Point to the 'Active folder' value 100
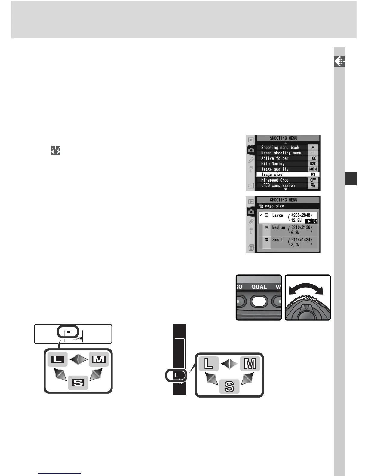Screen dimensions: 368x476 tap(313, 158)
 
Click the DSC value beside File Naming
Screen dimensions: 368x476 tap(313, 164)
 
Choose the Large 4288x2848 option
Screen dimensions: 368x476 tap(288, 218)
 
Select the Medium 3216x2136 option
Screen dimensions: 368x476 tap(288, 230)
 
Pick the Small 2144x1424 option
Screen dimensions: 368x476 tap(288, 242)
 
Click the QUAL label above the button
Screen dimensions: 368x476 tap(259, 287)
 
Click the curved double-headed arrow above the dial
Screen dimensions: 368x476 tap(305, 288)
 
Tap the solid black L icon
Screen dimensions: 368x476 tap(57, 359)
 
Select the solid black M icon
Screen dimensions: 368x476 tap(99, 359)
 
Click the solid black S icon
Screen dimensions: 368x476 tap(78, 383)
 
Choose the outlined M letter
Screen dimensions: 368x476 tap(250, 364)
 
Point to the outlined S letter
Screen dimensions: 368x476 tap(229, 386)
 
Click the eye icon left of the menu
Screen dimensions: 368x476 tap(56, 150)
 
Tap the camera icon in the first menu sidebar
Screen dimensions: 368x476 tap(251, 150)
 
